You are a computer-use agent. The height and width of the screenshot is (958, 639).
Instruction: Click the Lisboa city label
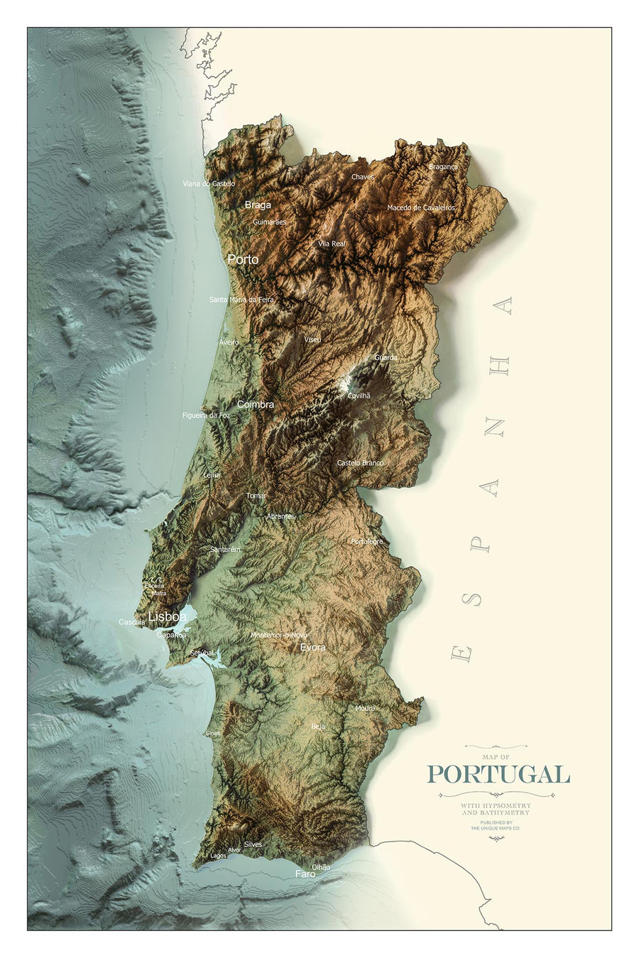click(167, 616)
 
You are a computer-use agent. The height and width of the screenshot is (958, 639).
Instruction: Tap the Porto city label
click(243, 260)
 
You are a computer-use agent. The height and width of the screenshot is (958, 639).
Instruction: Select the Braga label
click(258, 205)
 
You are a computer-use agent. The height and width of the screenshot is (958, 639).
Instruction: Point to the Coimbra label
click(255, 404)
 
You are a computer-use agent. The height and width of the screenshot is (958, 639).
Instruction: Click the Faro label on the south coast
click(305, 874)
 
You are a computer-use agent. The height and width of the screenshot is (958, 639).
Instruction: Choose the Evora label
click(312, 648)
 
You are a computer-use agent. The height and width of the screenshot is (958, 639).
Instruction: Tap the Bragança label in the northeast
click(443, 167)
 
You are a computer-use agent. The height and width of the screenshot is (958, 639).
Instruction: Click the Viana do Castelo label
click(209, 183)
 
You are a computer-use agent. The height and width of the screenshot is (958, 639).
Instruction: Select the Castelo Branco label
click(360, 463)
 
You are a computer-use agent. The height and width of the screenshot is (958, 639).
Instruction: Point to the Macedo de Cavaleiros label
click(421, 208)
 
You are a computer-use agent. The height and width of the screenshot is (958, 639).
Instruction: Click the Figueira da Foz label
click(206, 415)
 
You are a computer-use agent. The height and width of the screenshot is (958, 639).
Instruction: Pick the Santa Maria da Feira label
click(241, 300)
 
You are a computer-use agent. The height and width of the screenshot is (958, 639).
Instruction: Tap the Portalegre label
click(366, 541)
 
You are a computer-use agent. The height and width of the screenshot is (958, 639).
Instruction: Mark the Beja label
click(318, 726)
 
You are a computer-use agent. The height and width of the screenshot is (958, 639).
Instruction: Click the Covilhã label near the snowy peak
click(359, 396)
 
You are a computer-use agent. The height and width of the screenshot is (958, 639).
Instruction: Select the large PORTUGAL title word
click(498, 774)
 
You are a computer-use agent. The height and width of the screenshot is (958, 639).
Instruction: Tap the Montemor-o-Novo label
click(279, 635)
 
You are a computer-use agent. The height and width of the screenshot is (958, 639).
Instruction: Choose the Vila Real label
click(332, 244)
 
